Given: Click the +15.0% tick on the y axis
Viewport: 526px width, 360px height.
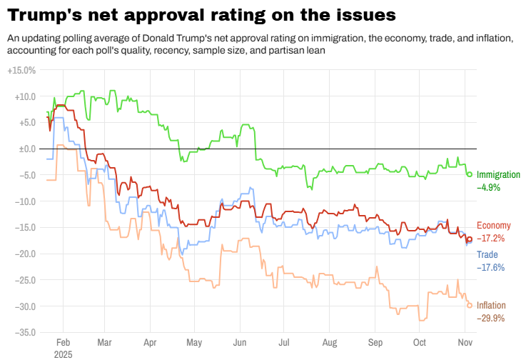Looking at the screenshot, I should tap(21, 71).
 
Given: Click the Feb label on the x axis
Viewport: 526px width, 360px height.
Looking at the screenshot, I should tap(63, 342).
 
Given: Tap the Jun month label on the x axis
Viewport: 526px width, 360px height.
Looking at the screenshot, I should tap(240, 342).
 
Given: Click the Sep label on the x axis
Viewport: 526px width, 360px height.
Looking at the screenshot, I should tap(375, 342).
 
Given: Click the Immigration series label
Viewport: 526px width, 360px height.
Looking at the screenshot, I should tap(498, 175).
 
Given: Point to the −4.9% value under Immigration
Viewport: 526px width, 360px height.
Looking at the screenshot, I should tap(489, 187).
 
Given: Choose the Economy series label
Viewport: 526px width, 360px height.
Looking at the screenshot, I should tap(494, 226).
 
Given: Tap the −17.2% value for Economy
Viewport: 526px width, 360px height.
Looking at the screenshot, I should tap(490, 238).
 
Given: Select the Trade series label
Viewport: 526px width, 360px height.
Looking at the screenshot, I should tap(487, 255).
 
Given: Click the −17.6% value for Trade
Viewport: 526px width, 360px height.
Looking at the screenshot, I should tap(490, 267).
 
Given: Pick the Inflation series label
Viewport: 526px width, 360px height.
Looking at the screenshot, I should tap(492, 306).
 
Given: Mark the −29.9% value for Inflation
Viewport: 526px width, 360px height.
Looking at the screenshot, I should tap(491, 318).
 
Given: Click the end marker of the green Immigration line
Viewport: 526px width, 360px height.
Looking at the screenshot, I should tap(469, 174).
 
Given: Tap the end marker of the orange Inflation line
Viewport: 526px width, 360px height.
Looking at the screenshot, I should tap(469, 305).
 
